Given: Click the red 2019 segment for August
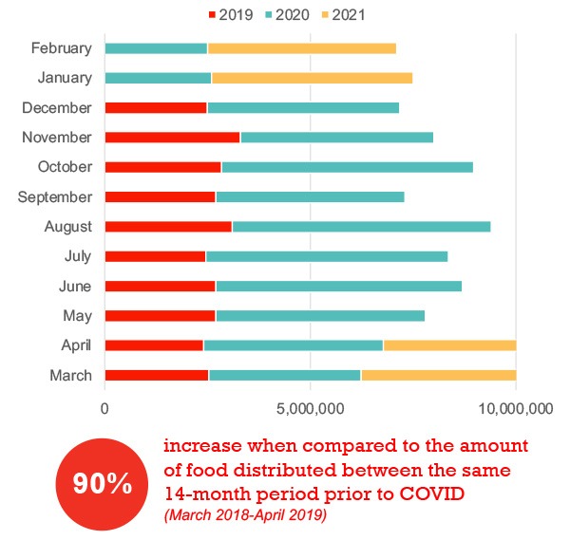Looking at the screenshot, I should coord(168,227).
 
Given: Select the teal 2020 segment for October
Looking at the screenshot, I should coord(347,167).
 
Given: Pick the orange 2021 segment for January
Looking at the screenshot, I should coord(312,78).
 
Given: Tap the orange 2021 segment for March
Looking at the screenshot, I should coord(438,376).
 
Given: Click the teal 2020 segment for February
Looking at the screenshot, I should coord(156,48).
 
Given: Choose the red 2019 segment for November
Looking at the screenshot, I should coord(172,138).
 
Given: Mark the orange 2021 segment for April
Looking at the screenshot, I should coord(449,345).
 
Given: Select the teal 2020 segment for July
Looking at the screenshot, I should coord(326,256).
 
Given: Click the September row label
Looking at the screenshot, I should coord(55,197).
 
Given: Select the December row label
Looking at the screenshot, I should coord(56,108).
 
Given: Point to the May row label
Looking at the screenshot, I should coord(76,316).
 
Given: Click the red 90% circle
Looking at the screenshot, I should coord(103,484).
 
